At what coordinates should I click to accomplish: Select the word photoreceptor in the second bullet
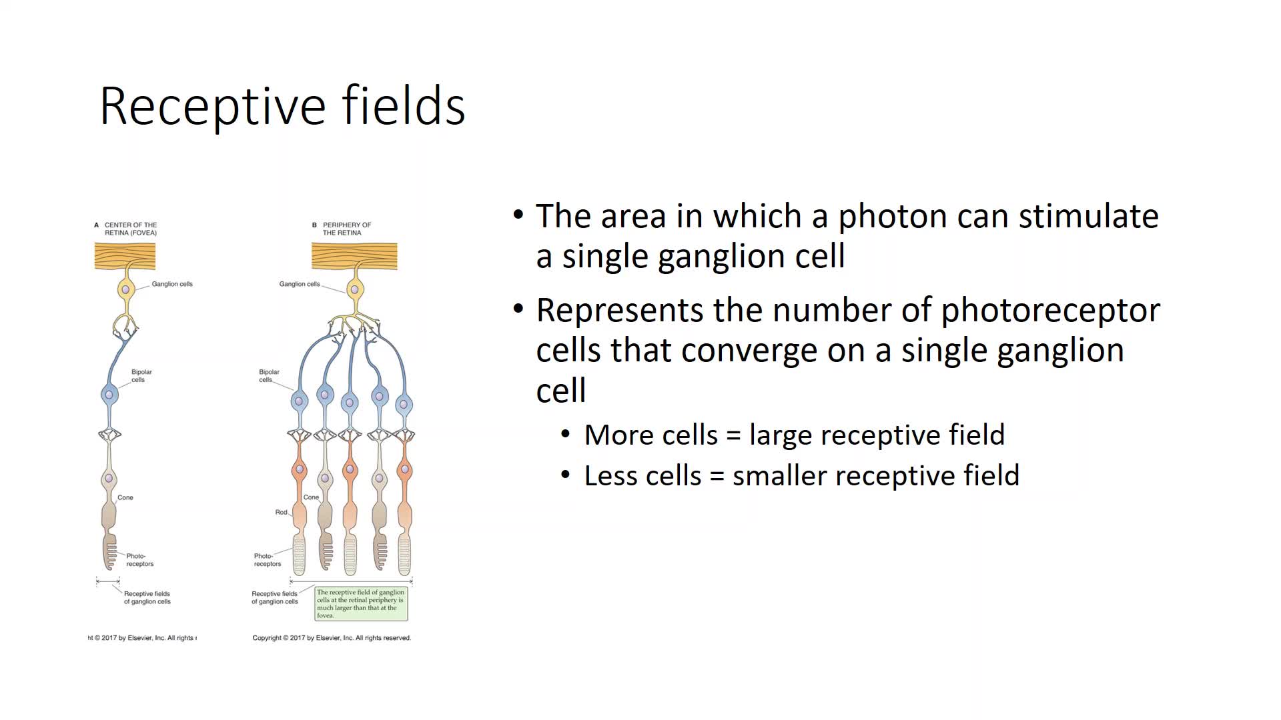[x=1051, y=311]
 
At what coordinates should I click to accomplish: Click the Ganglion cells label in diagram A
[x=172, y=284]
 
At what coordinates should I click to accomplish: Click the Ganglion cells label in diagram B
[x=300, y=284]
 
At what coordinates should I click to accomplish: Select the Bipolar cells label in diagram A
[x=141, y=376]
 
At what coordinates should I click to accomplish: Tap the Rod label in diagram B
[x=281, y=513]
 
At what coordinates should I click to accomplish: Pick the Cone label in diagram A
[x=125, y=498]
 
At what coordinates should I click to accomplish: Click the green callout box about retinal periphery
[x=361, y=604]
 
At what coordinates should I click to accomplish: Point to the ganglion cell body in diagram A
[x=125, y=290]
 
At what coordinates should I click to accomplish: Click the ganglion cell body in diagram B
[x=355, y=290]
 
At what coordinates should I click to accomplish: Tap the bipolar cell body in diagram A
[x=109, y=395]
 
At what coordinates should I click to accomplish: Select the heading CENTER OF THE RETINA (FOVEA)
[x=130, y=229]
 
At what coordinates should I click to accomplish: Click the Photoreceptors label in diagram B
[x=267, y=560]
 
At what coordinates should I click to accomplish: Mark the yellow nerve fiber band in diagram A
[x=125, y=257]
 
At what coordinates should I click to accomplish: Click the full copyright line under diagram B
[x=332, y=638]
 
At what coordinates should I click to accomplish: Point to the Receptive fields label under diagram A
[x=147, y=598]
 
